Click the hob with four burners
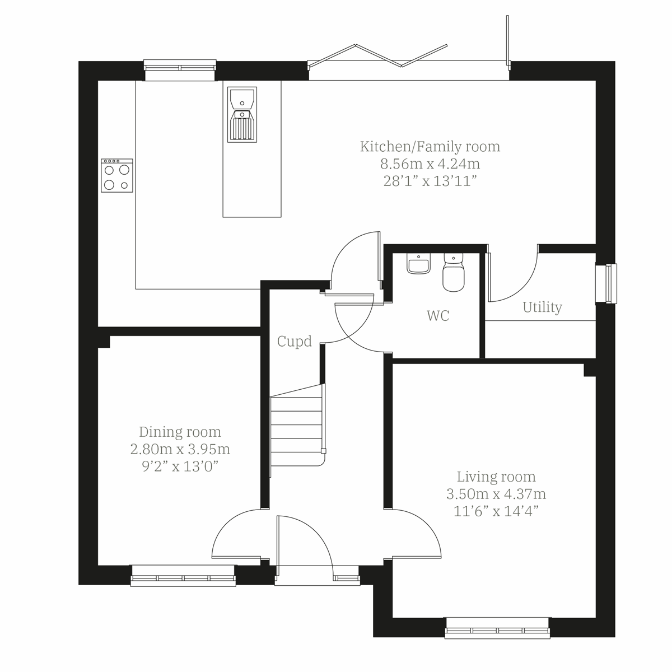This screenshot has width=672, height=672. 117,176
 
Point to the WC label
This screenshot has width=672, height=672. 438,316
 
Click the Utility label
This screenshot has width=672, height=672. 542,307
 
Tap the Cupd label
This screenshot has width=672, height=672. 295,342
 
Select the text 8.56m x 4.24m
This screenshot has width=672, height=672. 430,164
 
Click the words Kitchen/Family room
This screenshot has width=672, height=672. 430,147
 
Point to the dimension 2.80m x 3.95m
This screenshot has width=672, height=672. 180,449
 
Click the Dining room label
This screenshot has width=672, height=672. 180,432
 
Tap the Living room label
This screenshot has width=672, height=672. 496,477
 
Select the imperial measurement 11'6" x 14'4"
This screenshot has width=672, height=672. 496,511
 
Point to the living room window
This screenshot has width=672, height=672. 497,628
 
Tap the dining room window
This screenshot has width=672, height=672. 183,576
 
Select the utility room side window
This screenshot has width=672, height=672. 606,283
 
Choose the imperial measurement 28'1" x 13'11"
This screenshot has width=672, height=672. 430,181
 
